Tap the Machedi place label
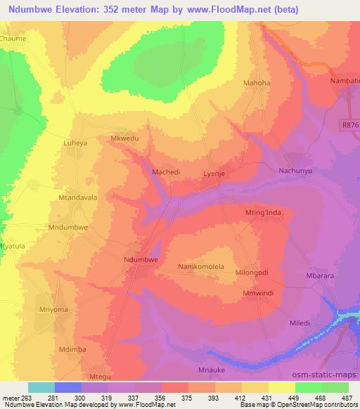tap(166, 171)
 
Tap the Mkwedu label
tap(125, 139)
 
